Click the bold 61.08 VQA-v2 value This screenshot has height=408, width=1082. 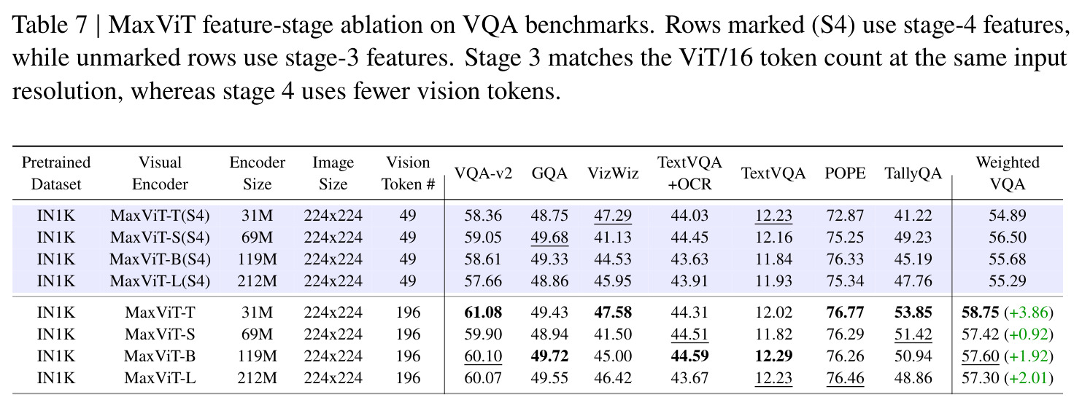pos(483,313)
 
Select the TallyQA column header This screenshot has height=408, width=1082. pos(913,173)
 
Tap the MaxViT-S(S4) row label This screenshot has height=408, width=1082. pos(160,238)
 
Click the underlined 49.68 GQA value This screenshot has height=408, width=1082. pos(549,238)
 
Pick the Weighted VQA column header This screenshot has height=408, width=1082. pos(1007,173)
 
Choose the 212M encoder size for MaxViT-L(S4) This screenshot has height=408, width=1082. pos(257,281)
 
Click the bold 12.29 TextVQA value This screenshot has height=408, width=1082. pos(773,356)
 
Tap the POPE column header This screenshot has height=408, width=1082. pos(845,173)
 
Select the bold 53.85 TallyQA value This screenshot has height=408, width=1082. pos(913,313)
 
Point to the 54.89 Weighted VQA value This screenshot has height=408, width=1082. pos(1007,215)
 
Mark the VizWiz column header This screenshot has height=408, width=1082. pos(613,173)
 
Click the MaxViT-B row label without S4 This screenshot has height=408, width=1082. pos(160,356)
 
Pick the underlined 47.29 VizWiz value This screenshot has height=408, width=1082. pos(612,215)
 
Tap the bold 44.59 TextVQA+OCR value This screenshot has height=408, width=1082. pos(689,356)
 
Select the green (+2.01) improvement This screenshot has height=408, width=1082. pos(1029,378)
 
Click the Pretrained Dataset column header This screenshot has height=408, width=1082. pos(56,173)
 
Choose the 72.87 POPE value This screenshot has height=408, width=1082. pos(845,215)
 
